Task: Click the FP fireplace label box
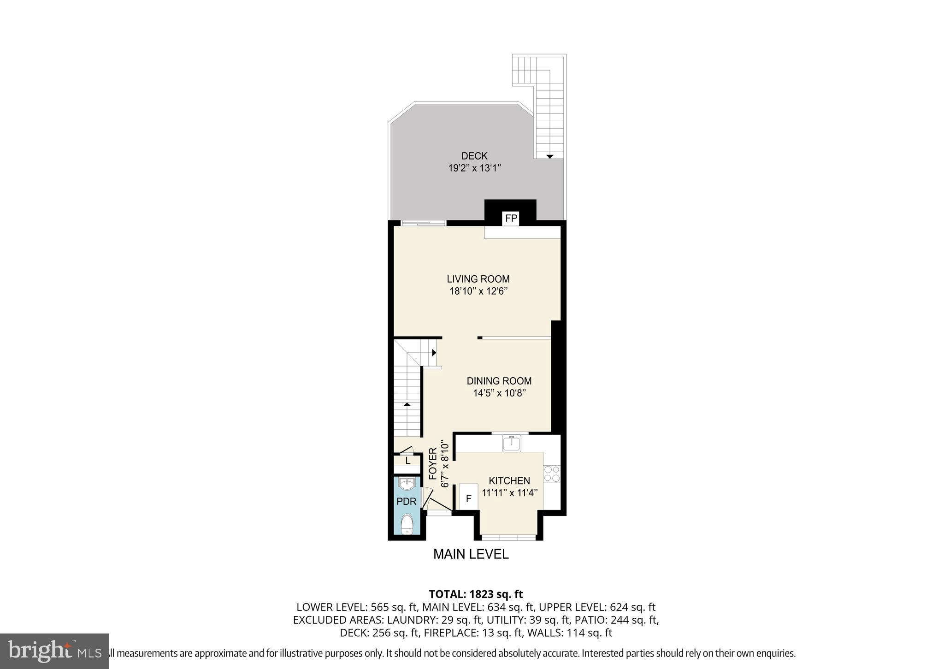click(511, 219)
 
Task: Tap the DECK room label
click(474, 156)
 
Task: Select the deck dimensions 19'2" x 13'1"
click(474, 168)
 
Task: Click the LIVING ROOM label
click(478, 279)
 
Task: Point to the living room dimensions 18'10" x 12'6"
click(478, 291)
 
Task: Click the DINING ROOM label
click(499, 381)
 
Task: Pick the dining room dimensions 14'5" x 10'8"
click(499, 393)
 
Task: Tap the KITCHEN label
click(509, 481)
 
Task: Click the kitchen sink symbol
click(511, 443)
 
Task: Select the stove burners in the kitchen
click(552, 474)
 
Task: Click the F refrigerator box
click(469, 498)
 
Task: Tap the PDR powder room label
click(406, 502)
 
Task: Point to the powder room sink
click(407, 484)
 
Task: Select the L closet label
click(407, 461)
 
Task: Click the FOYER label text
click(433, 464)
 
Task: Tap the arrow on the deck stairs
click(549, 157)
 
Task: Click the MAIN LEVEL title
click(471, 554)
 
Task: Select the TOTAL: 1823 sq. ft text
click(476, 594)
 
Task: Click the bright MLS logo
click(54, 651)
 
